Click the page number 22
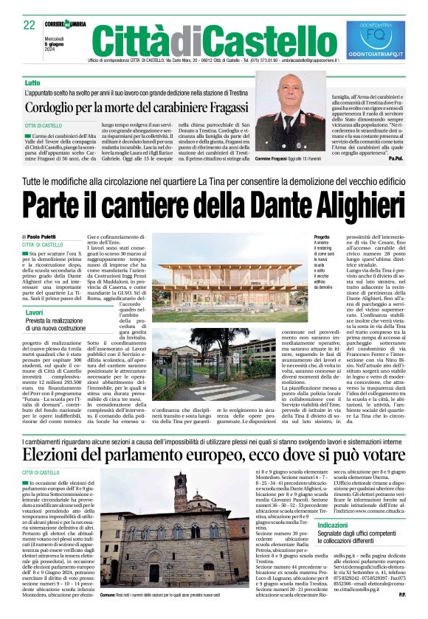pos(30,24)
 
